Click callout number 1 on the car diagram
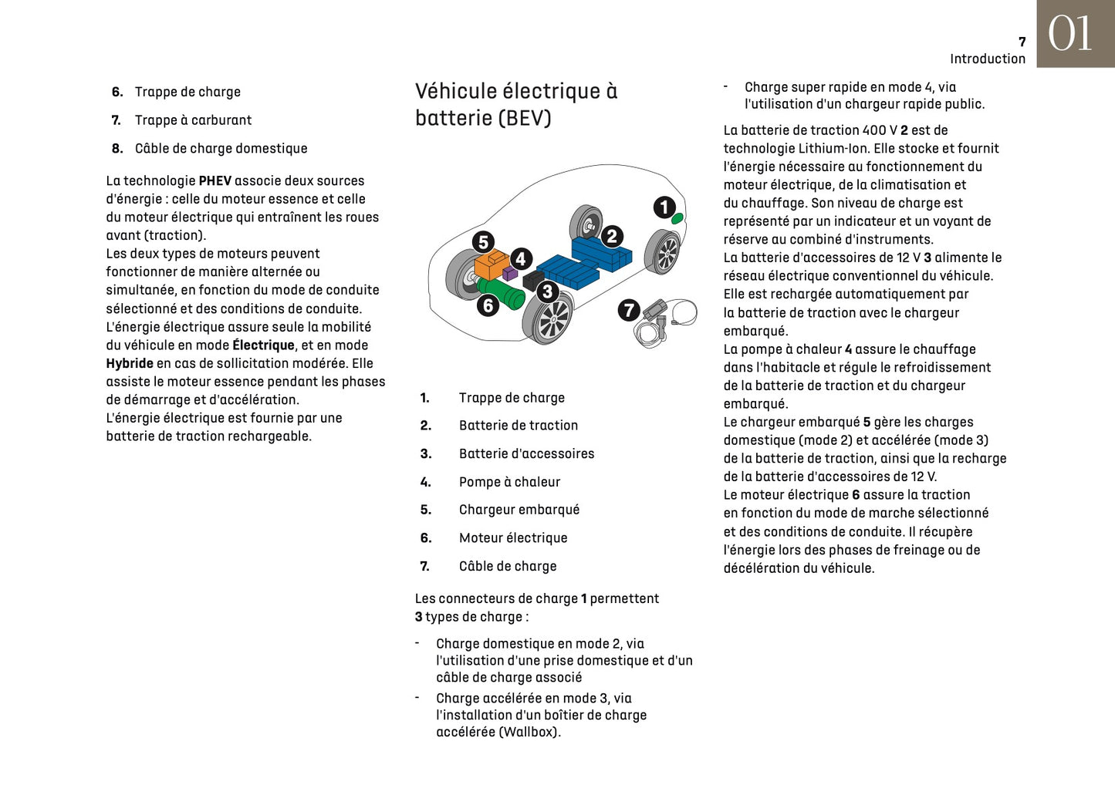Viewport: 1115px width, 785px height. [664, 207]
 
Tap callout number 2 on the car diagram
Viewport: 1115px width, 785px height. [613, 236]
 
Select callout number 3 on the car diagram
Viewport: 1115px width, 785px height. [547, 291]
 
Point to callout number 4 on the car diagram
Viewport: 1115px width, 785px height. [521, 259]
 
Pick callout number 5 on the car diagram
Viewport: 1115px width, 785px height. [483, 242]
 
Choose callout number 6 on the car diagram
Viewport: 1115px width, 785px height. [488, 306]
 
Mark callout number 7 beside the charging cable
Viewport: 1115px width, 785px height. [629, 310]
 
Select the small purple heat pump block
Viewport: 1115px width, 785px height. [509, 273]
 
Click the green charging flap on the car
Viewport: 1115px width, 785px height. [677, 218]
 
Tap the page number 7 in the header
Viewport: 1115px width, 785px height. [1022, 42]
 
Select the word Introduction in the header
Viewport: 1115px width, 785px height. [988, 59]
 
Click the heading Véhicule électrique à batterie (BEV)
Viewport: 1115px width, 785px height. [515, 104]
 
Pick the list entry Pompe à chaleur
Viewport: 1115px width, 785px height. [509, 482]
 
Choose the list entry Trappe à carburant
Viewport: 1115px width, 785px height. [193, 120]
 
